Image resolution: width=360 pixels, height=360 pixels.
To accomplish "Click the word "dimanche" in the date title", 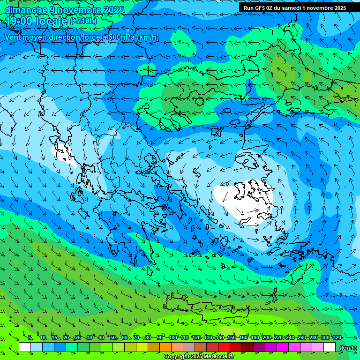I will [26, 9].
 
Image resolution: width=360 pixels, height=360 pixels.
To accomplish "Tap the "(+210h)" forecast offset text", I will [83, 21].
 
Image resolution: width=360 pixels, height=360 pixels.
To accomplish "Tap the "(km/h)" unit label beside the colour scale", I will [347, 348].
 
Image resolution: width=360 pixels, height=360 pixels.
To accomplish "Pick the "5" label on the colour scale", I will [30, 338].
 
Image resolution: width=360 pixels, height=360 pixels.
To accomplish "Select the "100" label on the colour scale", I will [173, 338].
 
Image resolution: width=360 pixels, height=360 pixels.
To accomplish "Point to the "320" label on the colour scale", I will [337, 338].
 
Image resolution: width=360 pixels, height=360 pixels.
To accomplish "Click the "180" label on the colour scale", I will [255, 338].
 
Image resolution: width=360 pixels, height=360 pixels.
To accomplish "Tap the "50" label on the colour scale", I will [113, 338].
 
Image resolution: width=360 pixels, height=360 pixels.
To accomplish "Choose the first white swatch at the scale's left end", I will [25, 347].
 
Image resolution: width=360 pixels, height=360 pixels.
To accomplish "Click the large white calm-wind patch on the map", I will [244, 199].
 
